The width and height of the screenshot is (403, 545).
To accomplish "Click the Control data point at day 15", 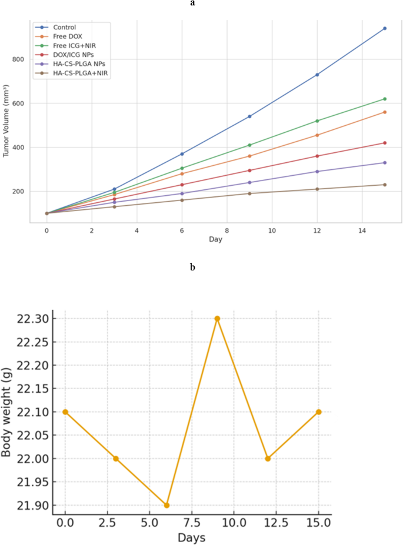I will [x=385, y=28].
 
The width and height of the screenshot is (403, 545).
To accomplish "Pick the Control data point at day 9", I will [x=249, y=116].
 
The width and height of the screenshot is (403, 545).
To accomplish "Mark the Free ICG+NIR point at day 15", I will [x=385, y=99].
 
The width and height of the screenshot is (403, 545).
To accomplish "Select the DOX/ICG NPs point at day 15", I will [x=385, y=143].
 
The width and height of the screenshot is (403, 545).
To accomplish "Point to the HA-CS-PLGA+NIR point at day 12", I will [x=317, y=189].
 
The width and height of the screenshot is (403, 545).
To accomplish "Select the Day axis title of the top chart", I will [x=215, y=240].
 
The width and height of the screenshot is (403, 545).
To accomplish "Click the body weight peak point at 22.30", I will [x=217, y=319].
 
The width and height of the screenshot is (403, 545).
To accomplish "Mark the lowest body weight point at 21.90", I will [x=166, y=505].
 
